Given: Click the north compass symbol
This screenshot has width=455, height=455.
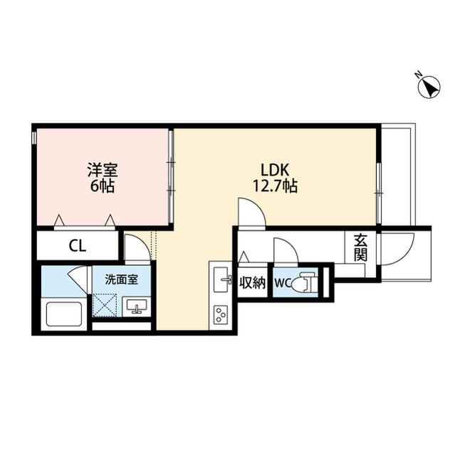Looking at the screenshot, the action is [429, 87].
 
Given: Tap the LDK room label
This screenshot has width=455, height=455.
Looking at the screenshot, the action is [275, 171].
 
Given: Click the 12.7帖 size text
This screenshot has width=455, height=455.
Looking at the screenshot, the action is [275, 186].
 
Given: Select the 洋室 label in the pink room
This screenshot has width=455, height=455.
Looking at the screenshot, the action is [103, 171].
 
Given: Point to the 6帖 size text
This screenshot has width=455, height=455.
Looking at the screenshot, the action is [103, 186].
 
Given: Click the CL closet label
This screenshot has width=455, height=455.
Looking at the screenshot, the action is [78, 247].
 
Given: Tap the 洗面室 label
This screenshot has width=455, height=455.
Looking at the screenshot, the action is [122, 279].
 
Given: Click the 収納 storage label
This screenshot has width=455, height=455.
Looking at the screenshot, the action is [253, 283].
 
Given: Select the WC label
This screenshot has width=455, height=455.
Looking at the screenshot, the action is [283, 283].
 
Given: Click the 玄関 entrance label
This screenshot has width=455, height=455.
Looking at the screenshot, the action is [360, 247].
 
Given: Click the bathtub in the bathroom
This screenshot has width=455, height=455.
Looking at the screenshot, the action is [64, 314].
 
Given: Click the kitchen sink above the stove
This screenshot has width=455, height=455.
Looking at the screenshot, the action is [222, 279].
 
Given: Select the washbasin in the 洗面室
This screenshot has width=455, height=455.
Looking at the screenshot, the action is [136, 306].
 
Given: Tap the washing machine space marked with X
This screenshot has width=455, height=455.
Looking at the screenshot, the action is [104, 305].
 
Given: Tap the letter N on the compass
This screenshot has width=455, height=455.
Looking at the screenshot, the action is [419, 75].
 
